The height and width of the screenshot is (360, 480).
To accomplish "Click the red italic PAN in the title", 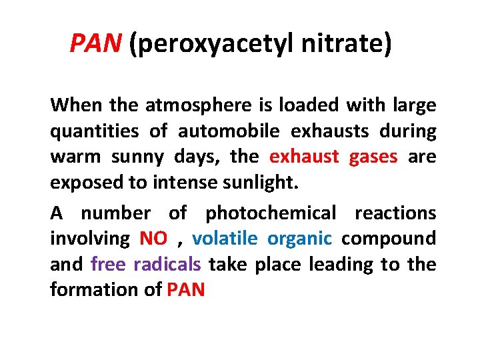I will [96, 45].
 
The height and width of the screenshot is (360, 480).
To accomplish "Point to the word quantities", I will [94, 131].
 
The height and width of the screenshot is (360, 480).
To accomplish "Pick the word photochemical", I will [271, 213].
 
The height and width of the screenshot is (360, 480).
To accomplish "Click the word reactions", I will [395, 213].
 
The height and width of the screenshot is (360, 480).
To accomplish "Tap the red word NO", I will [153, 239].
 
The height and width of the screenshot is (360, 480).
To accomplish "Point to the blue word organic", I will [299, 239].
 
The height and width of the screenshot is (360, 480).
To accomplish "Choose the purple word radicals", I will [167, 265].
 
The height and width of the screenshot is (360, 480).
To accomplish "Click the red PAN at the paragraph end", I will [186, 290].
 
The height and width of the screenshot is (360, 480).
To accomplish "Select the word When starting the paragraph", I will [71, 105].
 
